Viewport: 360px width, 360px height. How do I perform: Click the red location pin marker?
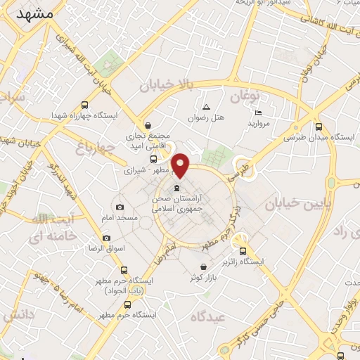coord(181,165)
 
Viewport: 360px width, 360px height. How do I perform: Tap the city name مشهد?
coord(33,15)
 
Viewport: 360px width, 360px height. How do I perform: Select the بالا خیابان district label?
coord(165,86)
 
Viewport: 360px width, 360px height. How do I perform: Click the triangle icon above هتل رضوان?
coord(206,107)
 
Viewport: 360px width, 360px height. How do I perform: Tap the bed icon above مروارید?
coord(258,113)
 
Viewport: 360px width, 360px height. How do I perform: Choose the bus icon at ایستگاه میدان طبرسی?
coord(319,127)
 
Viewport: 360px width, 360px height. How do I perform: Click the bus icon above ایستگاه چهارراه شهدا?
coord(86,103)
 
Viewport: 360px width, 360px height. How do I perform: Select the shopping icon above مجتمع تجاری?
coord(146,124)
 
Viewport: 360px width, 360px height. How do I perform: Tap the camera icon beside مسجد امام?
coord(120,207)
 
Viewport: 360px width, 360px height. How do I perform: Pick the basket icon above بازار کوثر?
coord(203,266)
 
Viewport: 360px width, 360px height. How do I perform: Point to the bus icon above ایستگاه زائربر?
coord(243,251)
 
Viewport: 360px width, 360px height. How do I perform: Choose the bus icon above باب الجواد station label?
coord(124,270)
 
